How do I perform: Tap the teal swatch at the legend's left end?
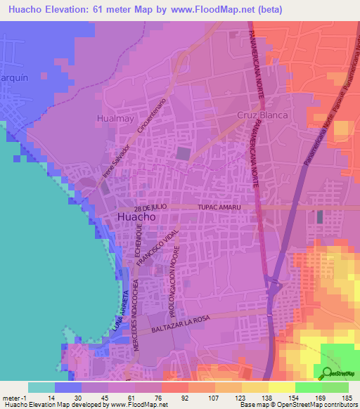click(41, 387)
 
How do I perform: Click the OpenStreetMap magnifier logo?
click(327, 373)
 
